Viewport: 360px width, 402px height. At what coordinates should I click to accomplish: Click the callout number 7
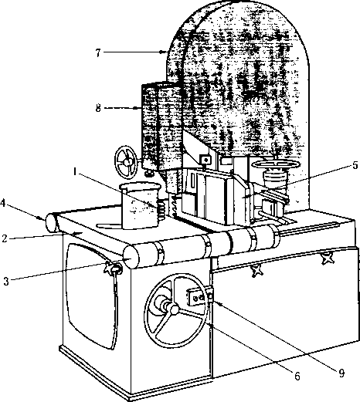coord(98,52)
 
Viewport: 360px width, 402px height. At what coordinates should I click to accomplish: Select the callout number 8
coord(98,108)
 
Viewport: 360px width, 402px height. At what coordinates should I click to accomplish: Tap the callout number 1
coord(75,171)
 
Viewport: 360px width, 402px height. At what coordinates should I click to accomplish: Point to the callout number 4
coord(3,203)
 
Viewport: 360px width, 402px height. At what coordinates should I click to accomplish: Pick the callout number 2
coord(5,238)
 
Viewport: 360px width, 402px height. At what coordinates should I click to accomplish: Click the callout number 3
coord(6,281)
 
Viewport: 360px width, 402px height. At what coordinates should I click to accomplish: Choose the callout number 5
coord(355,165)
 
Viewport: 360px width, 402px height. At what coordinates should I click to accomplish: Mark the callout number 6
coord(297,377)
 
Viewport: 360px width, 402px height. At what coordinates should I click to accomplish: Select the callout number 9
coord(341,373)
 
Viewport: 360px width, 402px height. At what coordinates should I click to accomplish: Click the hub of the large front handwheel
coord(173,309)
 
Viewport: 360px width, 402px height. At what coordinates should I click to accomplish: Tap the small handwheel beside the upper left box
coord(126,162)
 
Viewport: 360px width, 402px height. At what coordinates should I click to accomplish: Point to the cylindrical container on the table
coord(141,205)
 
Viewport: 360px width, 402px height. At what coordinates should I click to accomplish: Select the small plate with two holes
coord(196,298)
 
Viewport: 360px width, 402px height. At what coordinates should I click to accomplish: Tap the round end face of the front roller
coord(131,257)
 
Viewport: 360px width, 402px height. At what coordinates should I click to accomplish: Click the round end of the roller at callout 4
coord(51,223)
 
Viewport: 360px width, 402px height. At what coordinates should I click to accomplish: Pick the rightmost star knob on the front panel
coord(328,258)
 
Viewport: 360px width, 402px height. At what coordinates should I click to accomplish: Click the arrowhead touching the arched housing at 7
coord(162,52)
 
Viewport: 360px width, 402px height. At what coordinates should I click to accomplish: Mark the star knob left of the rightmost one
coord(256,271)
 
